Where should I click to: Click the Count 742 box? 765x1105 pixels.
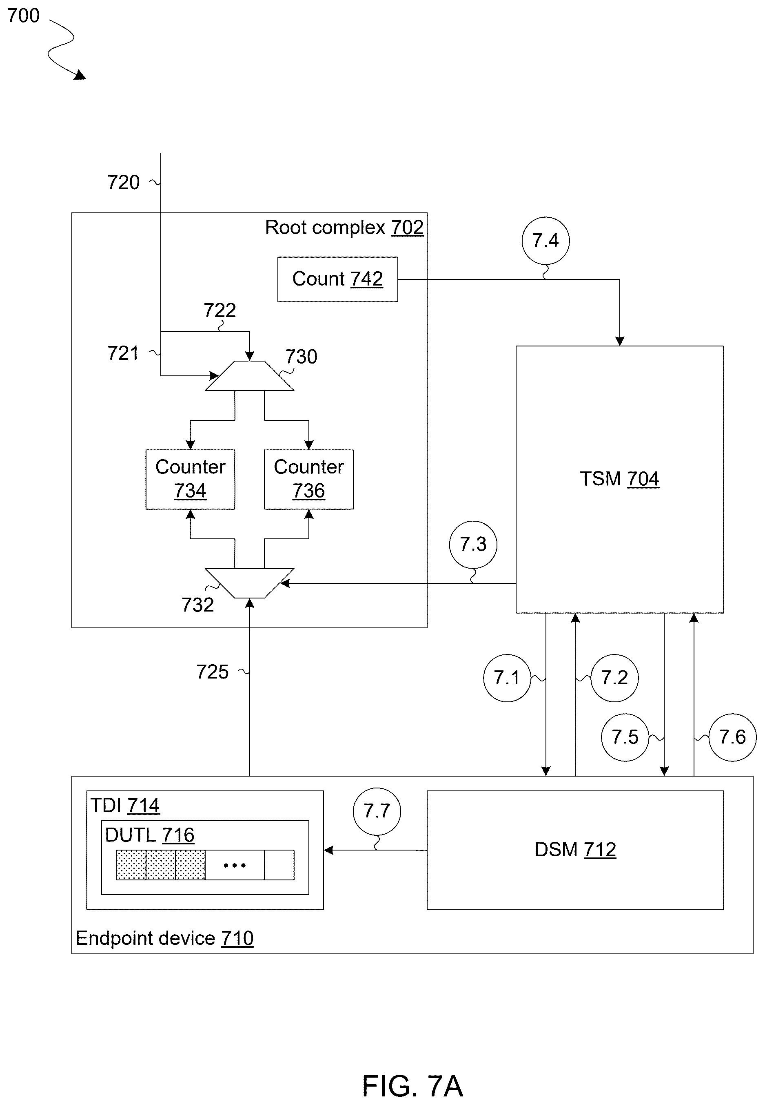click(x=337, y=279)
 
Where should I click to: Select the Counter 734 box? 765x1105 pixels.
click(x=190, y=479)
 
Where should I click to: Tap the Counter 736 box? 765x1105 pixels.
click(x=309, y=479)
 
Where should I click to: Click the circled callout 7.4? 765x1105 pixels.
click(x=545, y=240)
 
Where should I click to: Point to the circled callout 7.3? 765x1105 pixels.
click(x=473, y=545)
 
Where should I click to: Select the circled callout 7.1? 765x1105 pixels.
click(x=507, y=678)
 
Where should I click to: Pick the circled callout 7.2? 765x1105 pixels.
click(x=614, y=678)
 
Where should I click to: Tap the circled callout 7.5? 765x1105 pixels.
click(x=625, y=737)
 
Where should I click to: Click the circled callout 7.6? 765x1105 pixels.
click(x=732, y=737)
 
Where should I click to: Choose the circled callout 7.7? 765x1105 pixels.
click(x=377, y=811)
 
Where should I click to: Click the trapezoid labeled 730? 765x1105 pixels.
click(x=249, y=376)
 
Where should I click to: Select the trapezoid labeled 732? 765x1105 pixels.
click(x=249, y=583)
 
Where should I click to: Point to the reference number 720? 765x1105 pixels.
click(x=123, y=182)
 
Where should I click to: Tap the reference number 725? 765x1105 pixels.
click(x=212, y=672)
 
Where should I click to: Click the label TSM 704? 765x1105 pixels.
click(x=619, y=479)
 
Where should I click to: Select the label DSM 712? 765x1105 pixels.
click(x=575, y=850)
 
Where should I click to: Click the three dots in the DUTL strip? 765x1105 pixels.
click(x=235, y=866)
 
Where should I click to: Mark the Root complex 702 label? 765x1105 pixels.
click(x=344, y=228)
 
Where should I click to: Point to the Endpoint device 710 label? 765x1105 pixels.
click(x=164, y=938)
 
